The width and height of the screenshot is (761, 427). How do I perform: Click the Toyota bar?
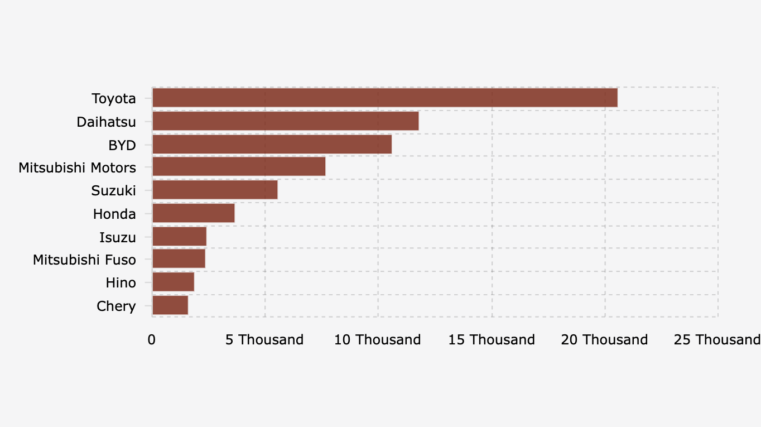(x=384, y=98)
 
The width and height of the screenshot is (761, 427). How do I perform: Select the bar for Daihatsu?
(x=285, y=121)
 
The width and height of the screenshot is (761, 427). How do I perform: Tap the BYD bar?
(x=272, y=145)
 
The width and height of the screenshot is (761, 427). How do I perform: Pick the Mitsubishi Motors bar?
(x=238, y=167)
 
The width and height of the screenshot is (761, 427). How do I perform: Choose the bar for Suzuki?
(x=215, y=190)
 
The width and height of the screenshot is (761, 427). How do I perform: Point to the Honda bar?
(x=193, y=213)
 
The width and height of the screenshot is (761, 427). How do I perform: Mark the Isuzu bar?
(x=179, y=237)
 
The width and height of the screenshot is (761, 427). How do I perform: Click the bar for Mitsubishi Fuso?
(x=179, y=259)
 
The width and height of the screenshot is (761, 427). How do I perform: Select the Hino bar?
(x=173, y=282)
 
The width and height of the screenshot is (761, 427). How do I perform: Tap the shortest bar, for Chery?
(x=170, y=305)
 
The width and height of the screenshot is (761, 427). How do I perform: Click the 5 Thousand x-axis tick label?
(x=264, y=340)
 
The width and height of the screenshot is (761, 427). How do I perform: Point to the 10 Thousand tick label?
(x=378, y=340)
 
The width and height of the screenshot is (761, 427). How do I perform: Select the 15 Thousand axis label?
(x=492, y=340)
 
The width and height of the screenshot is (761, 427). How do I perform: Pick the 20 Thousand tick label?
(x=605, y=340)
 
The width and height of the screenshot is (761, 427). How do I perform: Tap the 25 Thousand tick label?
(x=717, y=340)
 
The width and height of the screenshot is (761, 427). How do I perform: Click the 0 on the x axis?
(x=152, y=340)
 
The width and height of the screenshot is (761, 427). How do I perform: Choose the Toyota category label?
(x=114, y=99)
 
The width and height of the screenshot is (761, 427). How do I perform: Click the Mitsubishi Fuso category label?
(x=84, y=260)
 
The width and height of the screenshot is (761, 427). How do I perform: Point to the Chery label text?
(x=116, y=306)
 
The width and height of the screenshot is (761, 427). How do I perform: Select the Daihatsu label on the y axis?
(x=106, y=122)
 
